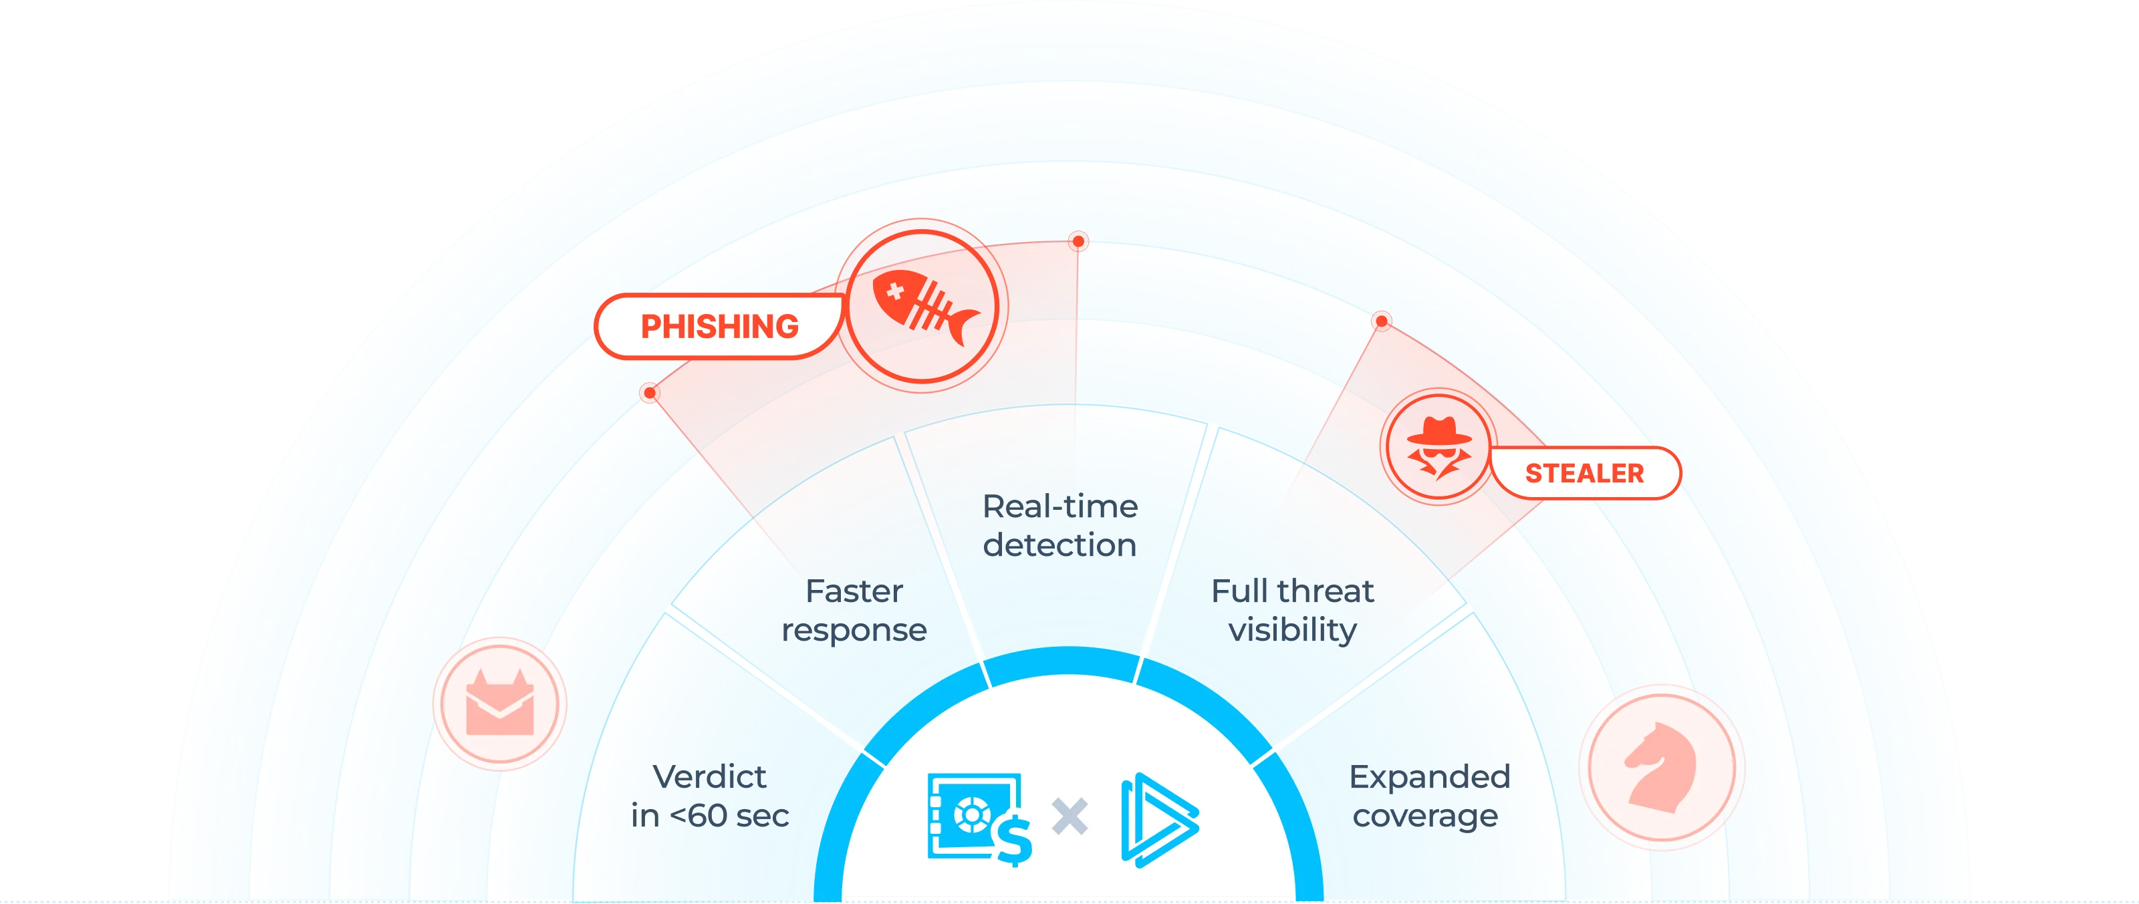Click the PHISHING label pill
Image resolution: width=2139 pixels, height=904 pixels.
point(719,326)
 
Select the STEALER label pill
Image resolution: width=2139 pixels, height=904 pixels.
point(1584,473)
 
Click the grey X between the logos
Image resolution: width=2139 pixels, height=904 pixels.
point(1069,816)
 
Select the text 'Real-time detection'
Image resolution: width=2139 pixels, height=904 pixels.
point(1059,525)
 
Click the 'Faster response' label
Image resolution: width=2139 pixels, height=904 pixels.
point(854,611)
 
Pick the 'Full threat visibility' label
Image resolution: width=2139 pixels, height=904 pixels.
point(1292,611)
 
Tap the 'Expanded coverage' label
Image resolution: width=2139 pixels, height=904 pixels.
point(1428,796)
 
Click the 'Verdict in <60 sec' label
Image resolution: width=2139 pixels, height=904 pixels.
point(709,796)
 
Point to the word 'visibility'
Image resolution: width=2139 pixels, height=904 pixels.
point(1292,630)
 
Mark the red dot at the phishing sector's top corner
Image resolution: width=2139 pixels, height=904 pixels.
point(1078,242)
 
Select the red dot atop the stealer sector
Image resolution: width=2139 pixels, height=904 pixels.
point(1381,321)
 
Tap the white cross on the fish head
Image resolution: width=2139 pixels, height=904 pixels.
point(895,291)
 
